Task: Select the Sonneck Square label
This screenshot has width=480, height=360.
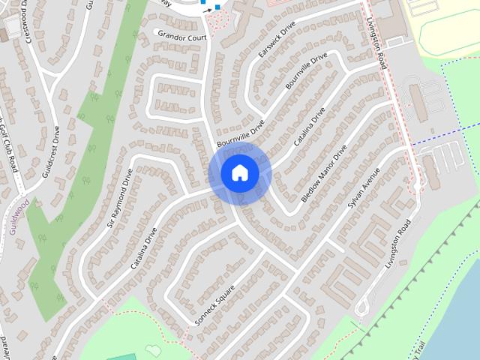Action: coord(215,305)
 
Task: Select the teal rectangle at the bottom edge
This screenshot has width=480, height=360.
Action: coord(120,356)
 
